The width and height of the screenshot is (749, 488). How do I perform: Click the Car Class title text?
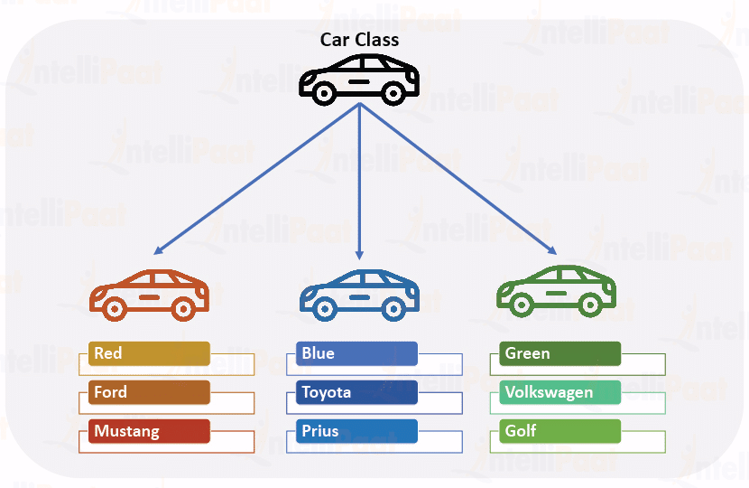(359, 40)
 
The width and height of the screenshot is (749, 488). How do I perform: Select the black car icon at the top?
(359, 78)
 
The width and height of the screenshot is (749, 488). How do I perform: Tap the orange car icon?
(150, 294)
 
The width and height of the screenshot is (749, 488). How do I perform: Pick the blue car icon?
(359, 294)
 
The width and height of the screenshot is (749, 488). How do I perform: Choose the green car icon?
(557, 291)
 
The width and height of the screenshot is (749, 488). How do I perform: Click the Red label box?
(150, 353)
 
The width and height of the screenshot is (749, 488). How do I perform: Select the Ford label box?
(150, 392)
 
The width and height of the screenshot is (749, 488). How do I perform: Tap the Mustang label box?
(150, 431)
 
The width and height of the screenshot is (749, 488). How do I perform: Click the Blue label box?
(356, 353)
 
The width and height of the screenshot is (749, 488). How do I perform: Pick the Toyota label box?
(356, 392)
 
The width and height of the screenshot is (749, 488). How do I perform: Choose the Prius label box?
(356, 431)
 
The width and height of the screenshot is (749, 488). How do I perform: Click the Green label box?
(559, 353)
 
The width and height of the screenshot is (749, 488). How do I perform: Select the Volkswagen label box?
(559, 392)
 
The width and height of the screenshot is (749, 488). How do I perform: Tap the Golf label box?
(559, 431)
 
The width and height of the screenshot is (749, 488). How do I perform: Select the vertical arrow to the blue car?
(359, 181)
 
